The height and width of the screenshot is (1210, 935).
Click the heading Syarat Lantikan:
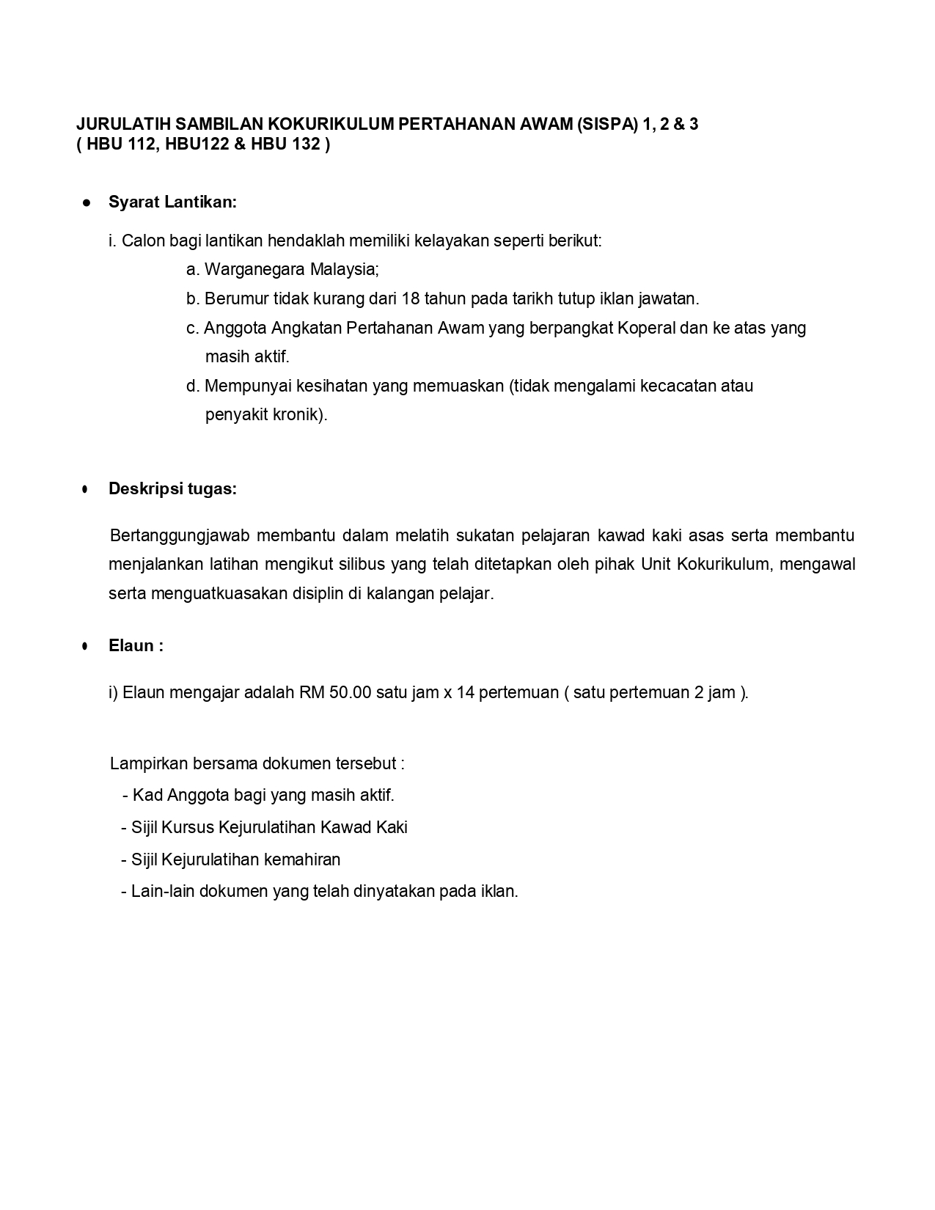point(172,202)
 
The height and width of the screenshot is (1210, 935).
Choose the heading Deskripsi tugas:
point(172,489)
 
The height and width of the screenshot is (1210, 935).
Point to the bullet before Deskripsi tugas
point(86,489)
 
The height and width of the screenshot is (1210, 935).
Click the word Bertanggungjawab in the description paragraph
point(180,535)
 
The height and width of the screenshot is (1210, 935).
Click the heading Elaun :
point(136,646)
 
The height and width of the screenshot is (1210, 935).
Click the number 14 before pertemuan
point(466,693)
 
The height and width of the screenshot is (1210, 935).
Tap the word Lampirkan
point(148,764)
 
